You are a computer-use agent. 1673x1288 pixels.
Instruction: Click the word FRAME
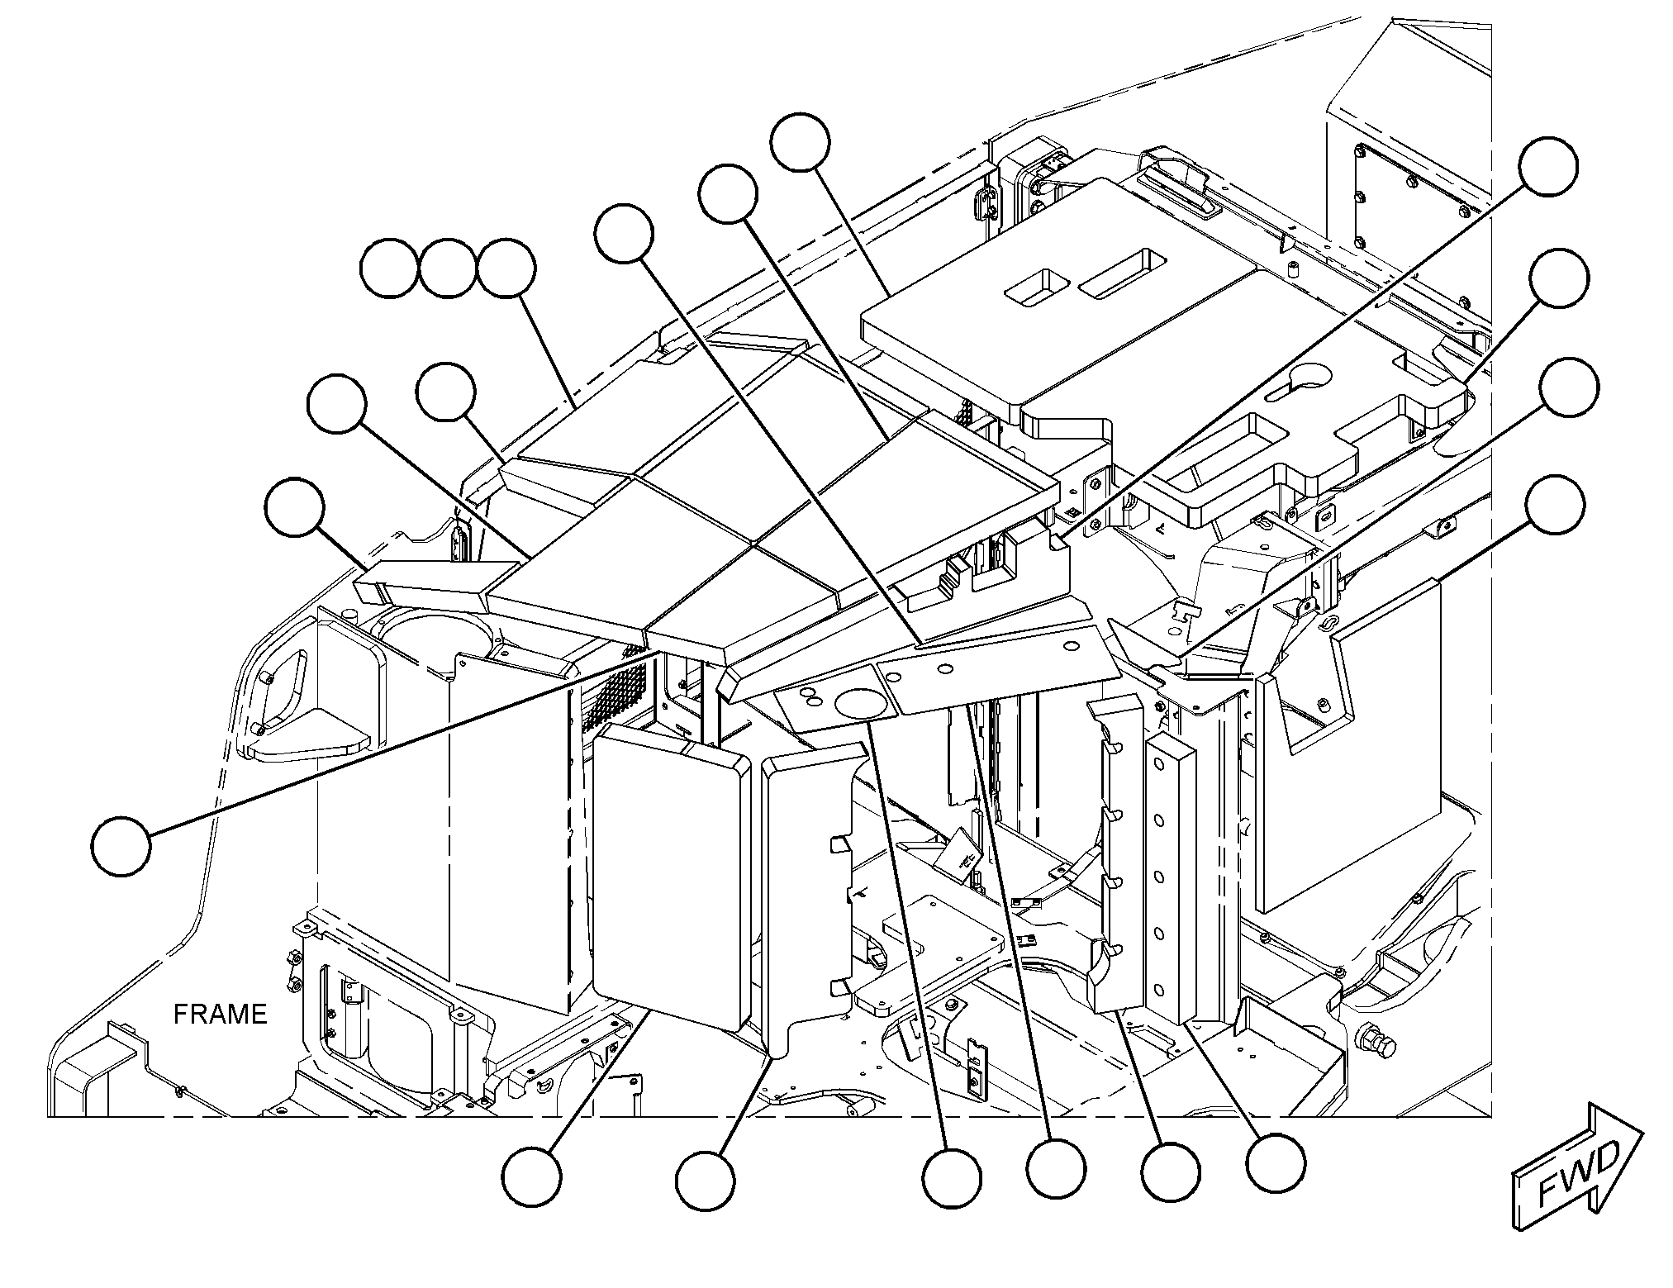221,1014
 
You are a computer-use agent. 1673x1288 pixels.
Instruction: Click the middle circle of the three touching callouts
448,269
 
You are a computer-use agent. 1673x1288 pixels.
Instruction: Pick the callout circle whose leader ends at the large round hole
952,1179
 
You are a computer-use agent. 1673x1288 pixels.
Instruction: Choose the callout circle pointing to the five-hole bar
1276,1162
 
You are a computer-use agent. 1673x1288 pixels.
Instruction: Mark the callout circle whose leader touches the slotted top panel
800,142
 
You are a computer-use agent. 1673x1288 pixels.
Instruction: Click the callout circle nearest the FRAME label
121,846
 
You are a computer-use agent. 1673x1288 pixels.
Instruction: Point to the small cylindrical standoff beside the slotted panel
1295,271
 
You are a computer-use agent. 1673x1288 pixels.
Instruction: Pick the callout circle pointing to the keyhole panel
1557,278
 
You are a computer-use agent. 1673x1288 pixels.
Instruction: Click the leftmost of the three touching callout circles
390,269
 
